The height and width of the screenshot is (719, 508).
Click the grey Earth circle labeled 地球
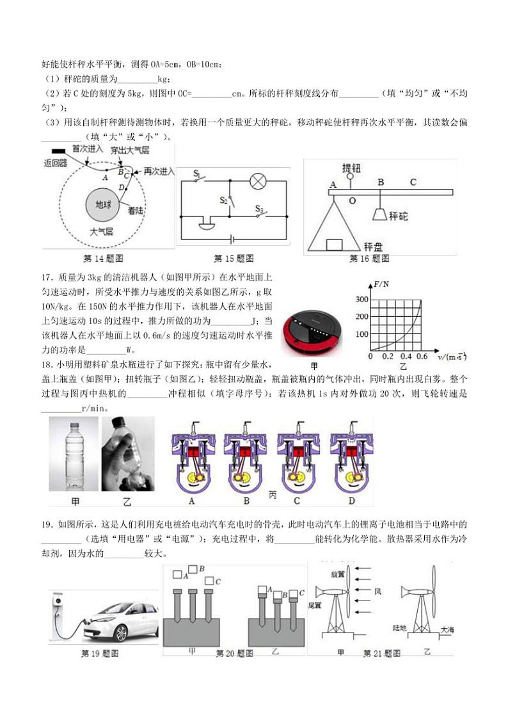click(x=103, y=206)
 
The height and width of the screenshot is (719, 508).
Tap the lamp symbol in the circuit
click(x=257, y=181)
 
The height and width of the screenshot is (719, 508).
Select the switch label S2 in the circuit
click(x=223, y=201)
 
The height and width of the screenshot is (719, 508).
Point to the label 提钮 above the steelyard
click(x=351, y=168)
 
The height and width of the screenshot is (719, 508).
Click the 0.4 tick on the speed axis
click(x=405, y=356)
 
